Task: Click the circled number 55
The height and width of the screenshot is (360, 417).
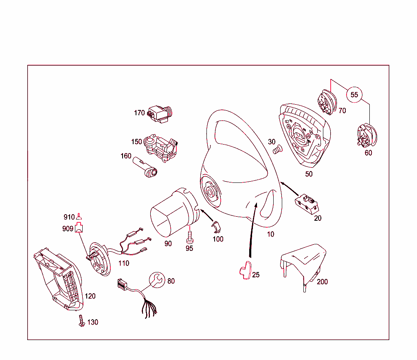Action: click(354, 95)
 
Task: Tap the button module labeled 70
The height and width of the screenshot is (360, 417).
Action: click(326, 101)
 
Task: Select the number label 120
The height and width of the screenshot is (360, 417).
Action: click(90, 296)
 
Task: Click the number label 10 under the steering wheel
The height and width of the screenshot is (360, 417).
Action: click(270, 234)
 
